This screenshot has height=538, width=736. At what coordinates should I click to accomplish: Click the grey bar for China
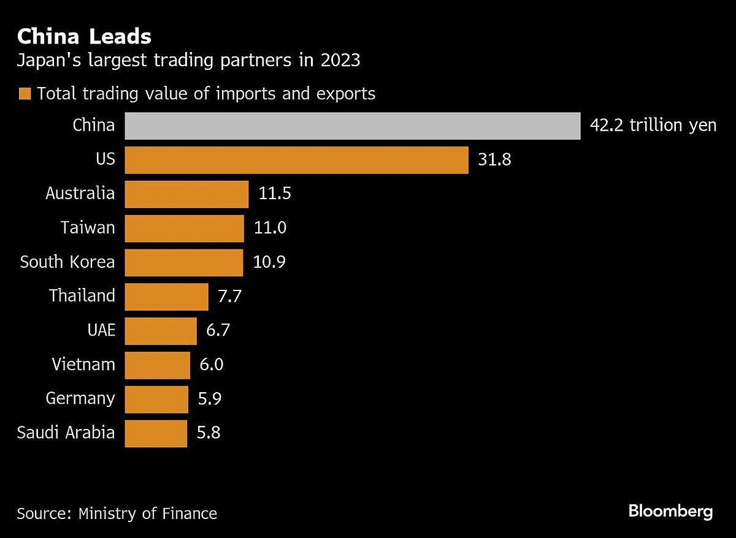click(x=352, y=126)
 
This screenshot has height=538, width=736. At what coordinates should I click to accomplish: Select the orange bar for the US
click(x=296, y=160)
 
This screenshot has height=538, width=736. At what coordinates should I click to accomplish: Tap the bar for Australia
click(x=186, y=194)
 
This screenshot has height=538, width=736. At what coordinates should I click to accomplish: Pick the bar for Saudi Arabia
click(x=155, y=433)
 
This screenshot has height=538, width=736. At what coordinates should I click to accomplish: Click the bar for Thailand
click(x=166, y=297)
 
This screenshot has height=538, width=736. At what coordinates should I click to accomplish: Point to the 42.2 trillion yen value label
click(x=653, y=126)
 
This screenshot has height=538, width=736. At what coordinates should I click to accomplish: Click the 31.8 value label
click(x=495, y=160)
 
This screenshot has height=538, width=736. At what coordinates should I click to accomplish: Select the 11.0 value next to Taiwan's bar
click(x=270, y=228)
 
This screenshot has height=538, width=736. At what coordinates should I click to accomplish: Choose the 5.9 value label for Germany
click(x=209, y=399)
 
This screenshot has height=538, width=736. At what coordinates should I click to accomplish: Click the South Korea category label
click(x=67, y=262)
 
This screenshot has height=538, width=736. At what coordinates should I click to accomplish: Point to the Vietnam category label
click(x=83, y=365)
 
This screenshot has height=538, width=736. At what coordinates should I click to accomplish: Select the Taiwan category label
click(x=88, y=228)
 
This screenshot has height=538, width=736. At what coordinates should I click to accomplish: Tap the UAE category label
click(x=101, y=331)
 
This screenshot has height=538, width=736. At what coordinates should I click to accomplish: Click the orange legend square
click(x=25, y=94)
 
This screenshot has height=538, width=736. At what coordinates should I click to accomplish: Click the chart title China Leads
click(x=84, y=37)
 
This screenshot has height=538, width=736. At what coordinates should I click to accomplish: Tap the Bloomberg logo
click(x=671, y=512)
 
